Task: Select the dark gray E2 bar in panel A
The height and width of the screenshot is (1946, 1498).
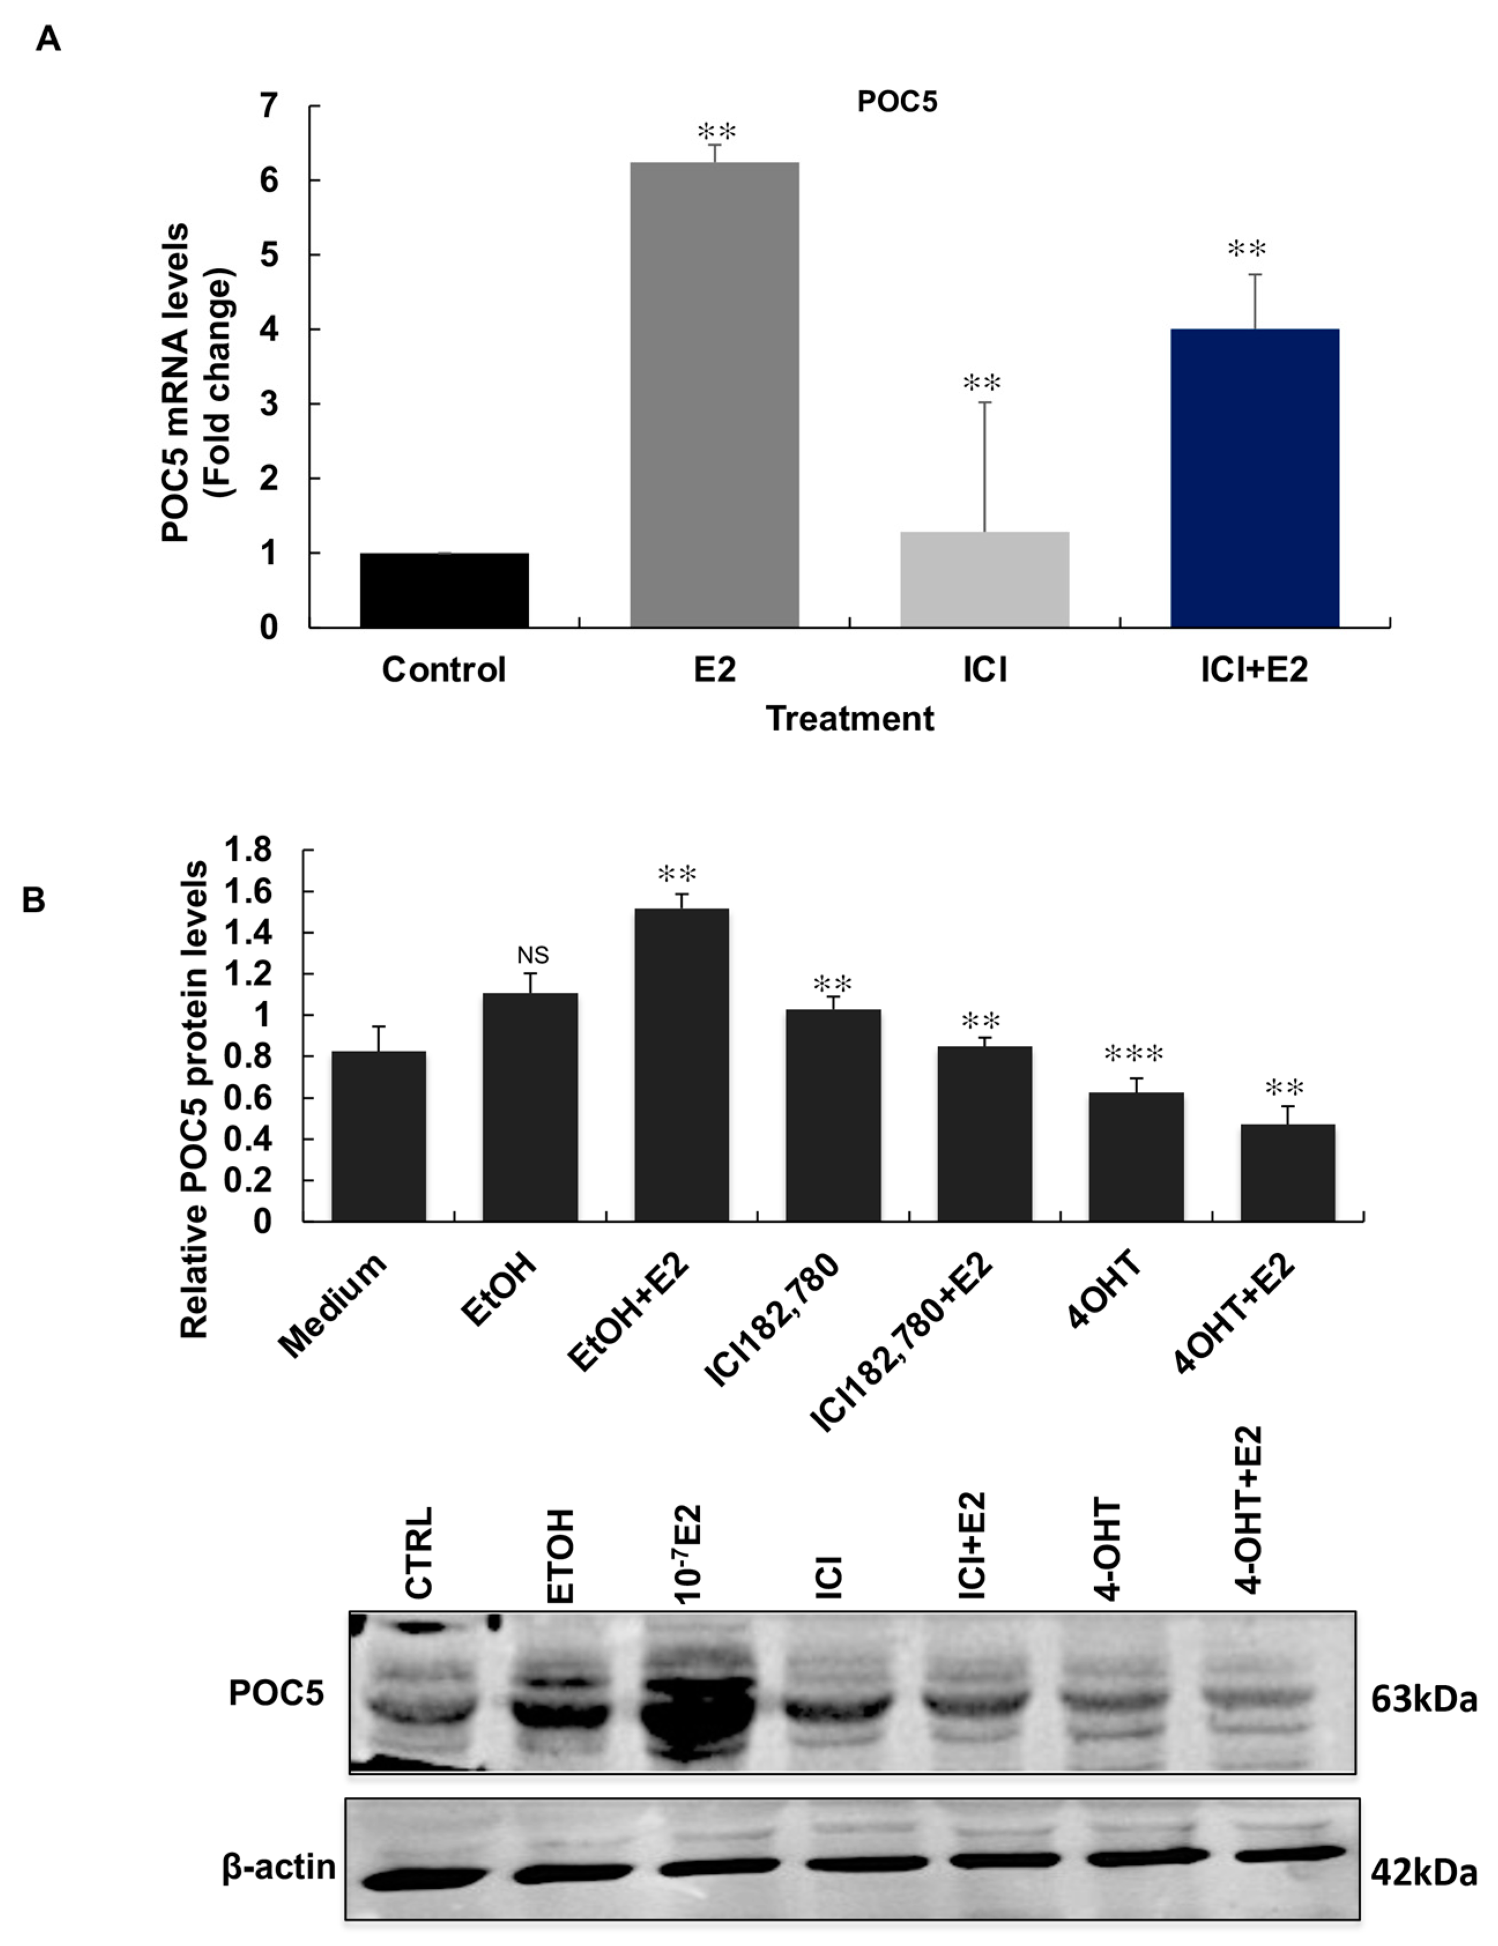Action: [714, 395]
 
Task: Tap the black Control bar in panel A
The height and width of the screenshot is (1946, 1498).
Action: [444, 590]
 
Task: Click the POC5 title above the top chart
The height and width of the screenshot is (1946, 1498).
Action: [897, 102]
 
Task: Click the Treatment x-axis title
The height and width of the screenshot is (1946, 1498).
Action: [850, 718]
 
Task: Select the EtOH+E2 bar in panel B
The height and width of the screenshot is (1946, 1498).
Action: [682, 1065]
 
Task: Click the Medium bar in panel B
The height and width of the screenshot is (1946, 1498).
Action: [378, 1136]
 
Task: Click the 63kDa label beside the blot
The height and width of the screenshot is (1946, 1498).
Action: [1423, 1700]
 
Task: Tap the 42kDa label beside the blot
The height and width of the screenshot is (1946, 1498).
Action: [1423, 1873]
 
